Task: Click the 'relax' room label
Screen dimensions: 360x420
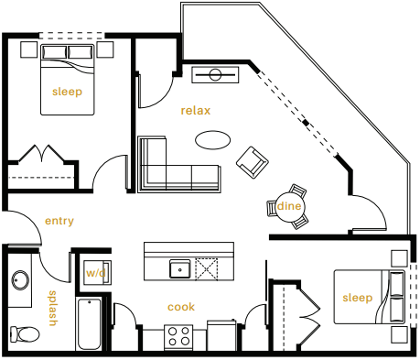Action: coord(196,111)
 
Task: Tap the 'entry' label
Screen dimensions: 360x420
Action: coord(59,221)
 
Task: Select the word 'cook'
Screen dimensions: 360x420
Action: coord(180,307)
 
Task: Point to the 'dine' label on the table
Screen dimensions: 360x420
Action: coord(289,206)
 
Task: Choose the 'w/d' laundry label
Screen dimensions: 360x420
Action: coord(96,273)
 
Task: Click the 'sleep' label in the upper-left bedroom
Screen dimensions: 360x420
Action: coord(66,91)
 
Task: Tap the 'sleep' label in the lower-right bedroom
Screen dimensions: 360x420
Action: coord(358,298)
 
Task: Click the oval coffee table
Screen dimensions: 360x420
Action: coord(214,140)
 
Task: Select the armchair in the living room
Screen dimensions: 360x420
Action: coord(253,163)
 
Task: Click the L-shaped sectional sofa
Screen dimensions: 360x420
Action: coord(174,168)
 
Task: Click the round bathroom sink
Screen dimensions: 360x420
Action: coord(18,280)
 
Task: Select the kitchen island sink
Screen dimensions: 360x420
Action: coord(180,268)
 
